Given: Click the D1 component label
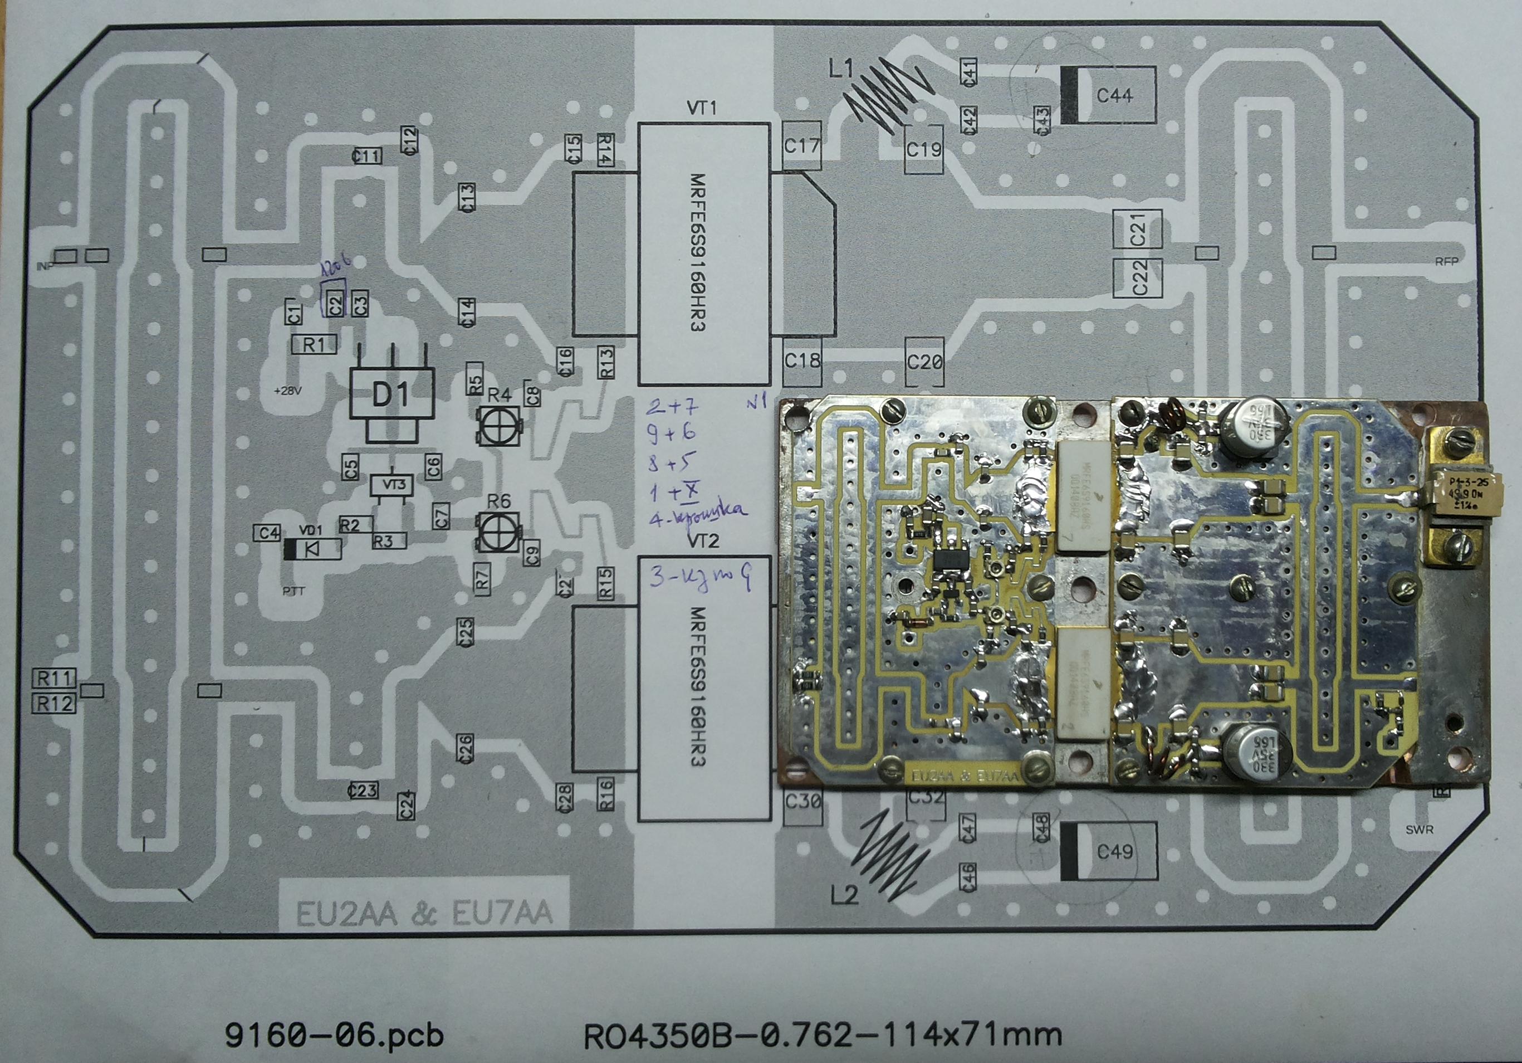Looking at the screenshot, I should pyautogui.click(x=390, y=394).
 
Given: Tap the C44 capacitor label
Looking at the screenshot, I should pyautogui.click(x=1114, y=95).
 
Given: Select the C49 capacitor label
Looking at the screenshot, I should pyautogui.click(x=1115, y=851).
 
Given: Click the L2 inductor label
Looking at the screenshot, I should pyautogui.click(x=844, y=896).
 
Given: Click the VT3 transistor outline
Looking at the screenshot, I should pyautogui.click(x=393, y=485).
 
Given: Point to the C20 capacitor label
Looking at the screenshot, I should pyautogui.click(x=924, y=362).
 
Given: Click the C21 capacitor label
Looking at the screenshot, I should pyautogui.click(x=1138, y=229).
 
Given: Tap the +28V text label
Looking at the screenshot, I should pyautogui.click(x=288, y=391).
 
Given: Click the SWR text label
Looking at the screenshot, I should pyautogui.click(x=1419, y=830).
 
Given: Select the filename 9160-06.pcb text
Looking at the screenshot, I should pyautogui.click(x=334, y=1036).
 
